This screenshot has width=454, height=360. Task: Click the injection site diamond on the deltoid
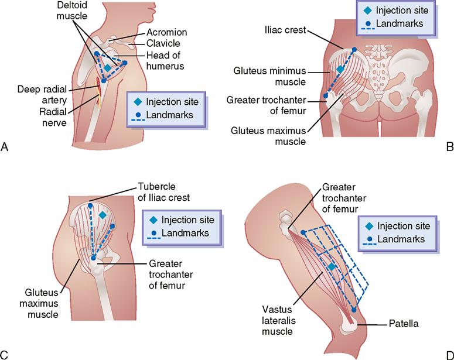107,68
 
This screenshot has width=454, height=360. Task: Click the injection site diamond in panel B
340,70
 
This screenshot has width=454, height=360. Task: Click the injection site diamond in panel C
103,215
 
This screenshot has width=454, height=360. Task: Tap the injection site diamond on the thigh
332,267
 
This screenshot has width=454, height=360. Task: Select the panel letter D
449,354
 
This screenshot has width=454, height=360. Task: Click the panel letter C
5,354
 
